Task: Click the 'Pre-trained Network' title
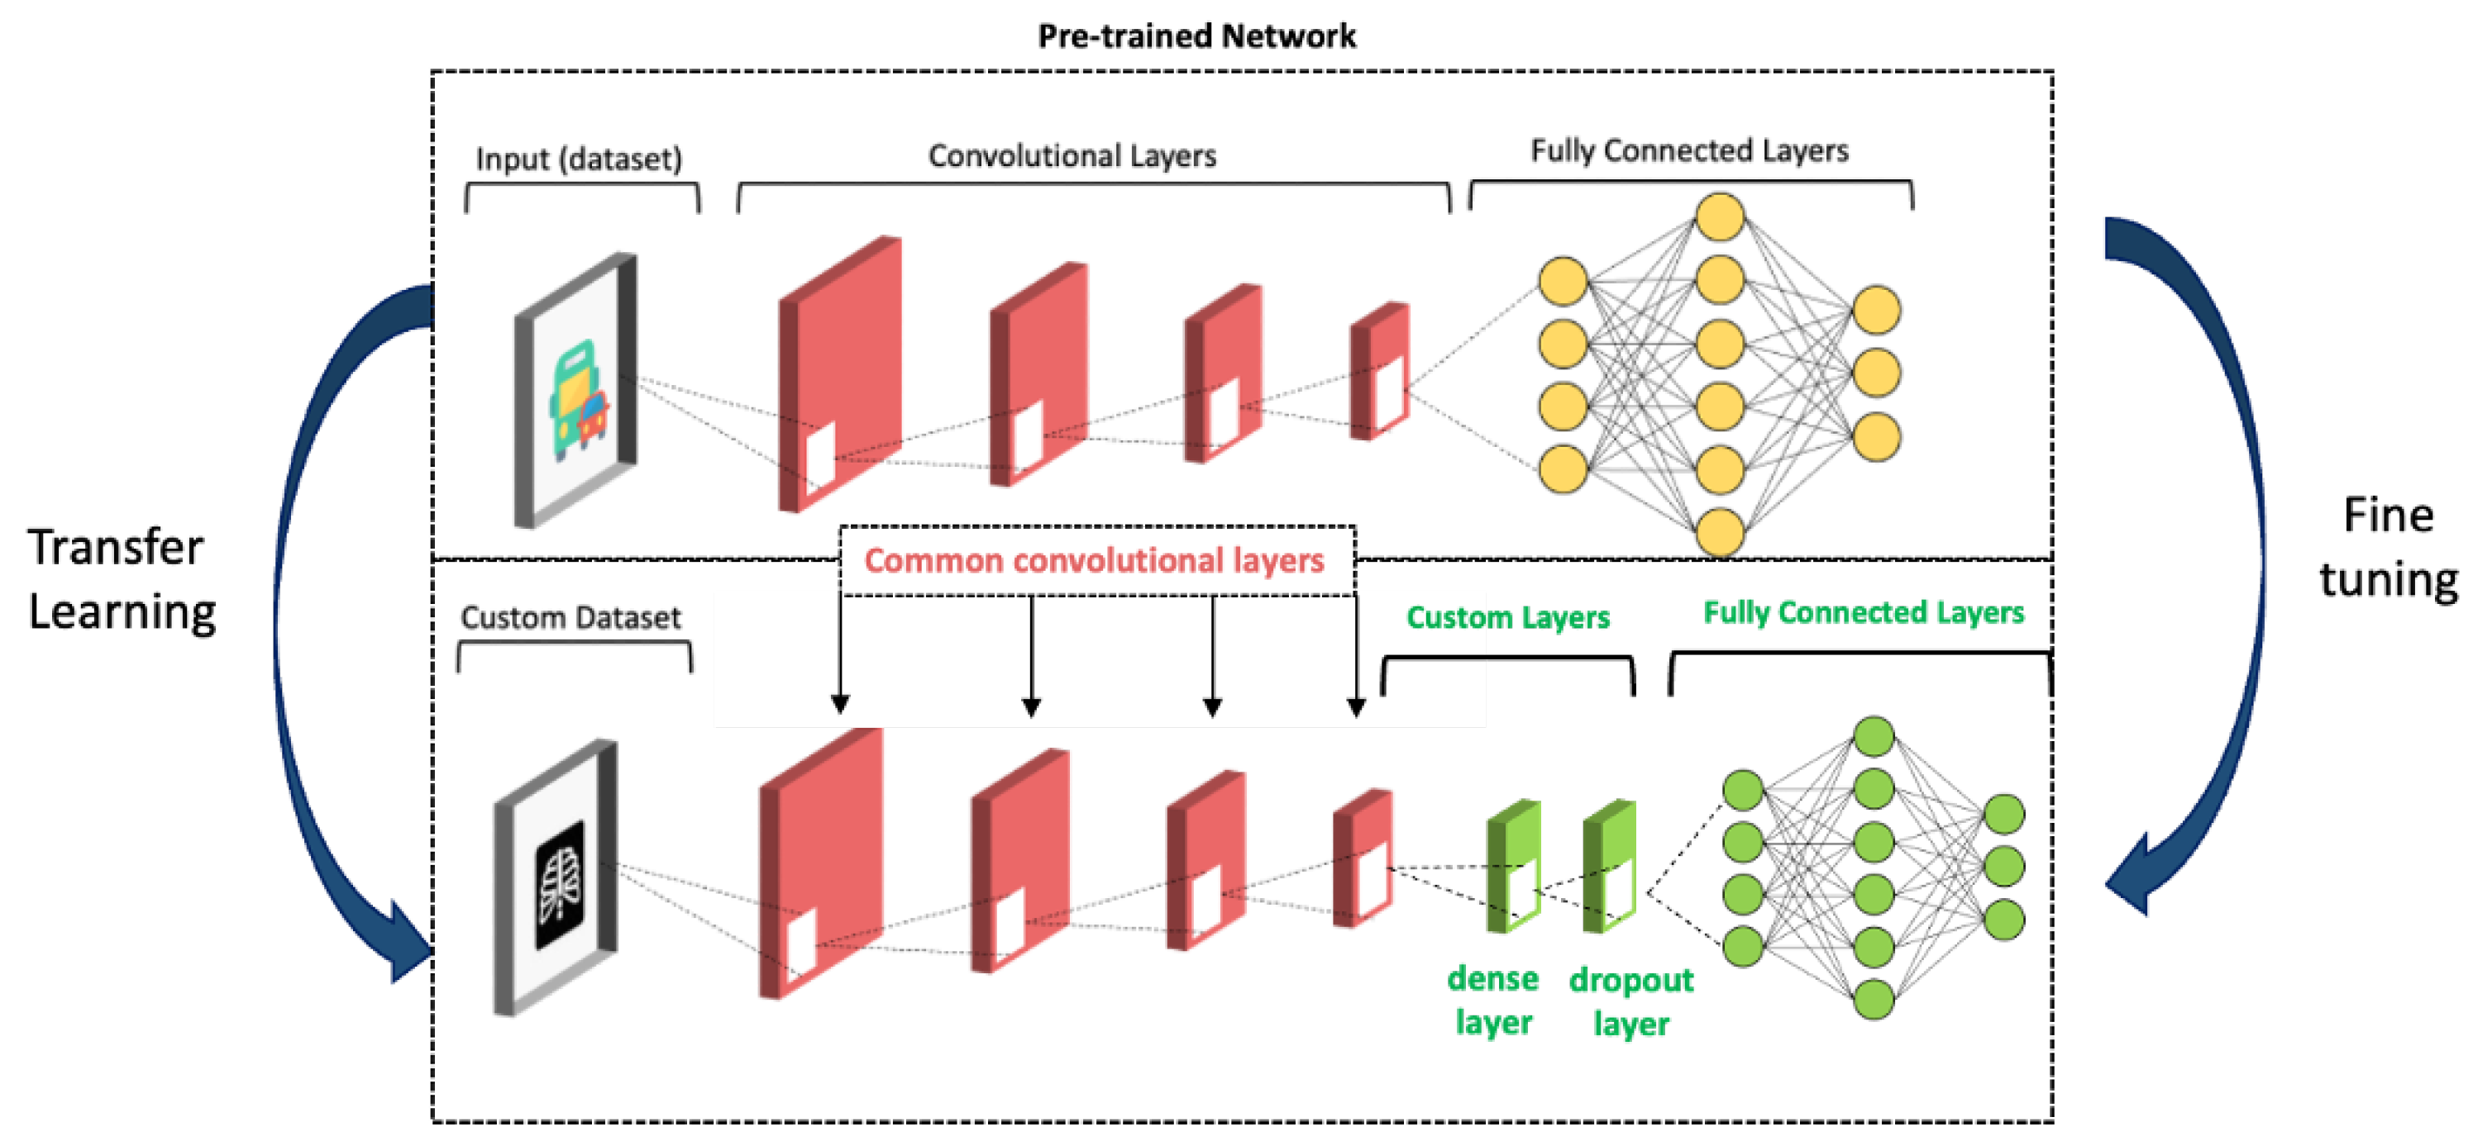tap(1196, 36)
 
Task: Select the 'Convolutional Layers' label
tap(1072, 155)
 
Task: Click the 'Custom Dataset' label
tap(571, 617)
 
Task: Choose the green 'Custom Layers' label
tap(1507, 617)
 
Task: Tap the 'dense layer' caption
tap(1493, 1000)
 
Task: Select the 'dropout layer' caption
tap(1631, 1001)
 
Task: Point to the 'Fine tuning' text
tap(2389, 547)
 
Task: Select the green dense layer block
tap(1514, 866)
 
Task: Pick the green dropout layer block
tap(1609, 866)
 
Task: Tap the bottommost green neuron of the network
tap(1873, 999)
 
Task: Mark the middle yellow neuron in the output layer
tap(1876, 373)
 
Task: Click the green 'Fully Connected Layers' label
tap(1864, 612)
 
